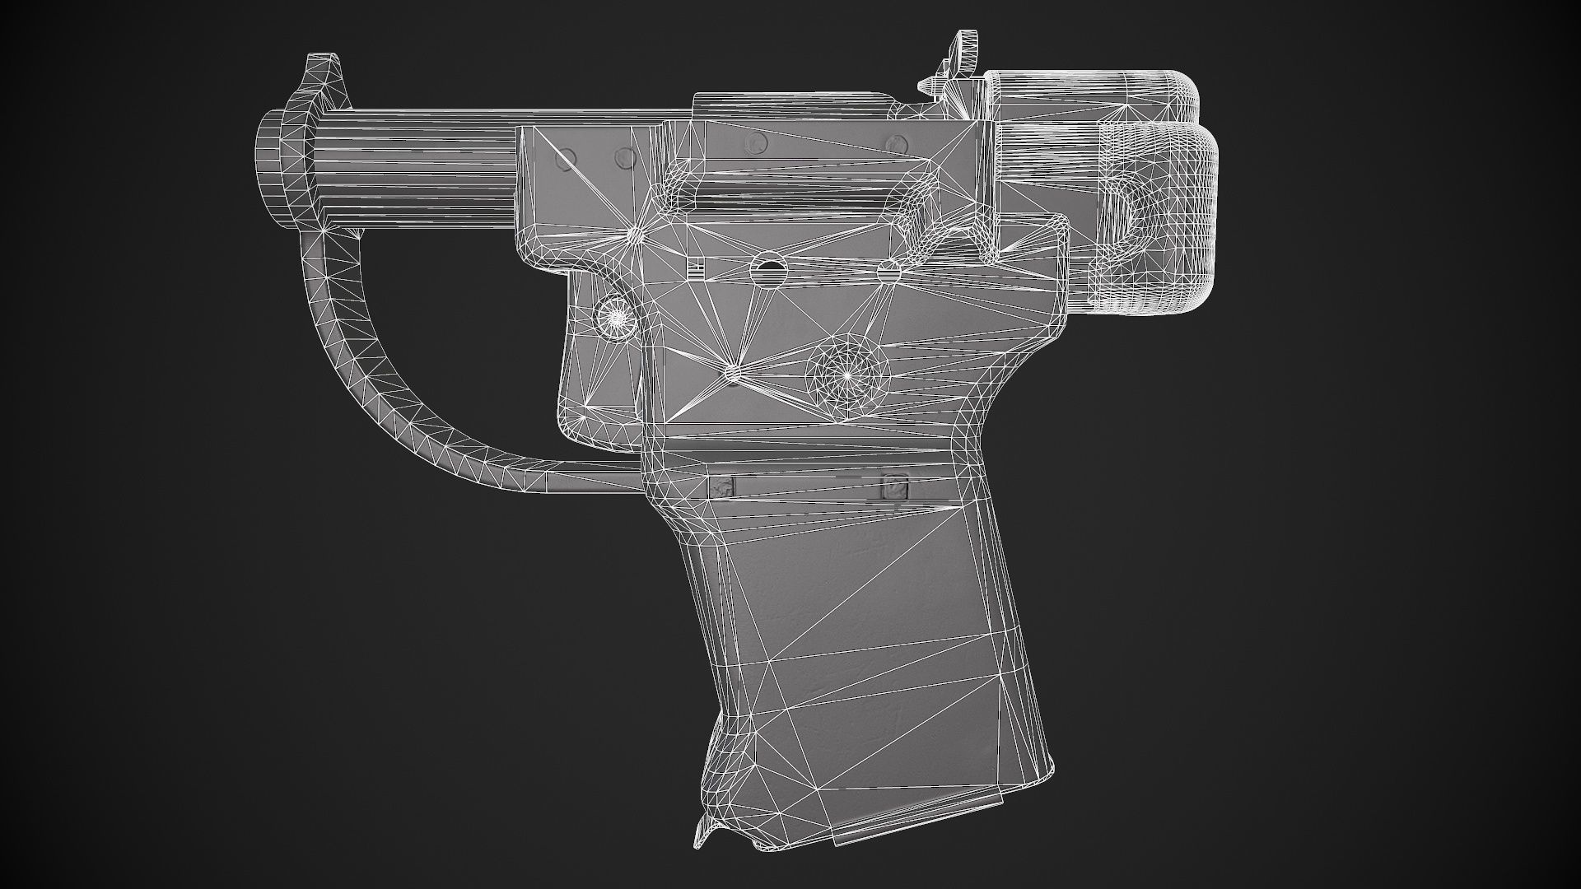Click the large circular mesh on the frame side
846,372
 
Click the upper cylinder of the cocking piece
1087,95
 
